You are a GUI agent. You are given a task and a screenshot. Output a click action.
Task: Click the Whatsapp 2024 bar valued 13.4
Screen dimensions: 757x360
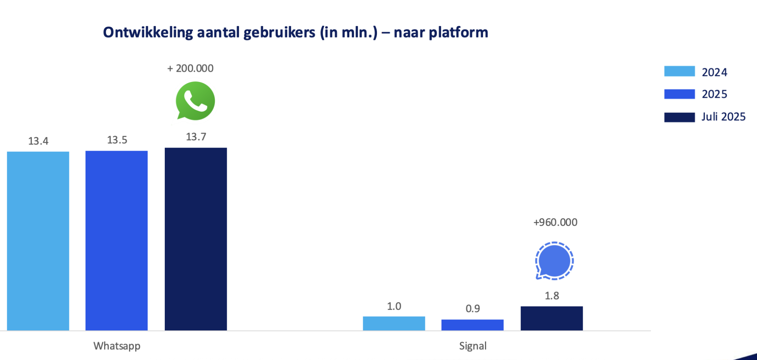[38, 241]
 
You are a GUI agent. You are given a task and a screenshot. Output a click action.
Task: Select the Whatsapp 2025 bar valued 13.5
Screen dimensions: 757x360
[117, 241]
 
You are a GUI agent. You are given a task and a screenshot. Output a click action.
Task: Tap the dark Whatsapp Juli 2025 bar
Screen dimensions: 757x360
[196, 239]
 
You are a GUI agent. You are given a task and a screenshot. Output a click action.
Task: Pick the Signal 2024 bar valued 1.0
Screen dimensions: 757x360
[394, 323]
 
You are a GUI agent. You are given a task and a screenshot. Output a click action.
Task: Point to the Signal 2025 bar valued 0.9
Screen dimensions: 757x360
[472, 325]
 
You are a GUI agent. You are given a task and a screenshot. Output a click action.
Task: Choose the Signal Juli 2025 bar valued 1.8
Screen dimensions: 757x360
[552, 318]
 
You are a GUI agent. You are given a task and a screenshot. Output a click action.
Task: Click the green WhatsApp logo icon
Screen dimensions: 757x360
[195, 101]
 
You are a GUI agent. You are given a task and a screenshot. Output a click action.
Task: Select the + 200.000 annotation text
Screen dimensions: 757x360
[190, 69]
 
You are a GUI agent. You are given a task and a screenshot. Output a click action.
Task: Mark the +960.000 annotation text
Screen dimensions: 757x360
[555, 222]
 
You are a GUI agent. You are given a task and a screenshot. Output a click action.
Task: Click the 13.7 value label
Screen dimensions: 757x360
[196, 137]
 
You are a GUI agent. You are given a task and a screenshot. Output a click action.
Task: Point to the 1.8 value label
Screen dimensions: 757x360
[552, 296]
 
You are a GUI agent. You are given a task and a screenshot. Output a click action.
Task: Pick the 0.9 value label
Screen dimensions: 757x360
[473, 308]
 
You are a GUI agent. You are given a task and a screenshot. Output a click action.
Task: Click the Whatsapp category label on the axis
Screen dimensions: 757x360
[117, 346]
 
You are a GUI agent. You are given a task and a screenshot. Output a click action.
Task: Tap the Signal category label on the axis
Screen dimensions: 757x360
[473, 346]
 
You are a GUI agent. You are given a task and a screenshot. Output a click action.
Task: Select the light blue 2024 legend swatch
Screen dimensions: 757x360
[679, 71]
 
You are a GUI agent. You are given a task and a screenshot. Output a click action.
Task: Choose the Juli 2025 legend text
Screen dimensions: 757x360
[723, 117]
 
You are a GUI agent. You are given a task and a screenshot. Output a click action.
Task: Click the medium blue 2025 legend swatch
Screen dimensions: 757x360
[679, 94]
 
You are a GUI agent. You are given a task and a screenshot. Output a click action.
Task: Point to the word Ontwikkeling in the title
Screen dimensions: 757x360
[148, 32]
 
